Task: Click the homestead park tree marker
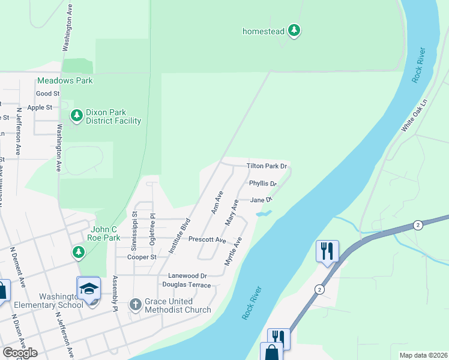click(294, 30)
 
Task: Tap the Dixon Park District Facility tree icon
click(76, 115)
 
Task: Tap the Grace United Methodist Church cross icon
click(136, 305)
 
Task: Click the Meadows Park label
click(65, 80)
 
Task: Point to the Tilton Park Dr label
click(267, 166)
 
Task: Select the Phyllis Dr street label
click(263, 184)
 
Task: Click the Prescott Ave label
click(206, 239)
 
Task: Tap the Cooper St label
click(142, 257)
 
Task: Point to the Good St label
click(48, 94)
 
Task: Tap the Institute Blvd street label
click(178, 236)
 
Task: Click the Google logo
click(20, 353)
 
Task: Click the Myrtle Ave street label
click(233, 251)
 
